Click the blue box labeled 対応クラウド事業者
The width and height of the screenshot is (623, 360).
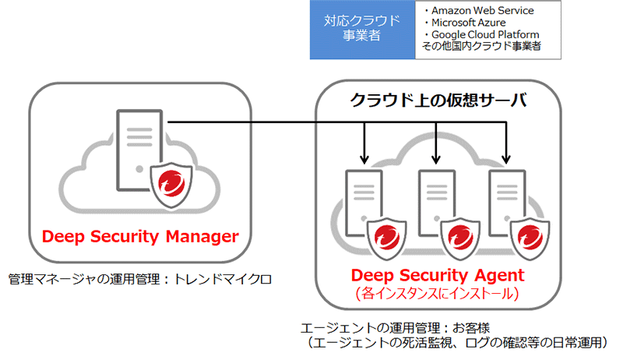(361, 30)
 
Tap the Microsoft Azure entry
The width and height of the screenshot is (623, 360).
(464, 23)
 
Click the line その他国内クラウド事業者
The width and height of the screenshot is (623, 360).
(480, 47)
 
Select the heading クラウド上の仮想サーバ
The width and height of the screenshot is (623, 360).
(438, 100)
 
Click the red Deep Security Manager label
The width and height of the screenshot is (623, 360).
(140, 236)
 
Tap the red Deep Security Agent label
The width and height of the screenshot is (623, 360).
(438, 275)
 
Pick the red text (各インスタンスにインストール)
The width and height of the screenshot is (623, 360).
(438, 295)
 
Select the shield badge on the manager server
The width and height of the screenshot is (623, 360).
(171, 187)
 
